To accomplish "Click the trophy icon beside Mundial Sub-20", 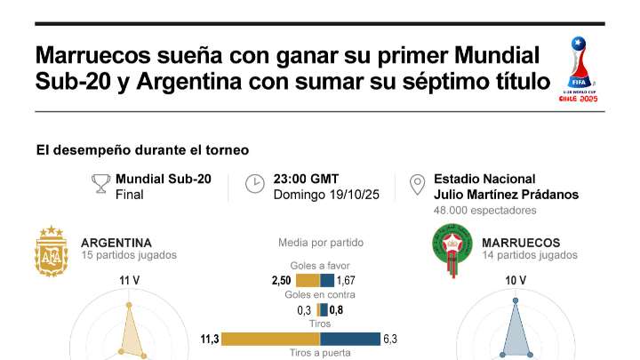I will pyautogui.click(x=100, y=184).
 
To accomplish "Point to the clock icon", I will pyautogui.click(x=255, y=184).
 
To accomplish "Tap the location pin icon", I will pyautogui.click(x=416, y=185).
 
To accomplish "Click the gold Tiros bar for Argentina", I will pyautogui.click(x=270, y=339).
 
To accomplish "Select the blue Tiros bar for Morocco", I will pyautogui.click(x=349, y=339).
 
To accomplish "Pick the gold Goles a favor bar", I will pyautogui.click(x=307, y=280).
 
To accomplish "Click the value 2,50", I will pyautogui.click(x=281, y=280).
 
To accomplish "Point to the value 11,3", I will pyautogui.click(x=209, y=339).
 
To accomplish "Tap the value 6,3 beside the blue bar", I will pyautogui.click(x=390, y=339).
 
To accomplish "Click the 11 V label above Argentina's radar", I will pyautogui.click(x=130, y=281).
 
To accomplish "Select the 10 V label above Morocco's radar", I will pyautogui.click(x=516, y=281).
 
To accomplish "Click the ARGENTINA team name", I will pyautogui.click(x=116, y=243).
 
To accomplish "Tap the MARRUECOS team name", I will pyautogui.click(x=521, y=243).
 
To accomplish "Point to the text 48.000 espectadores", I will pyautogui.click(x=485, y=211).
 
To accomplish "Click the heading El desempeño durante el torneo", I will pyautogui.click(x=142, y=150).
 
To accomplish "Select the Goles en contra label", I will pyautogui.click(x=320, y=295).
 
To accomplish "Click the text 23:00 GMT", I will pyautogui.click(x=306, y=179).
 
